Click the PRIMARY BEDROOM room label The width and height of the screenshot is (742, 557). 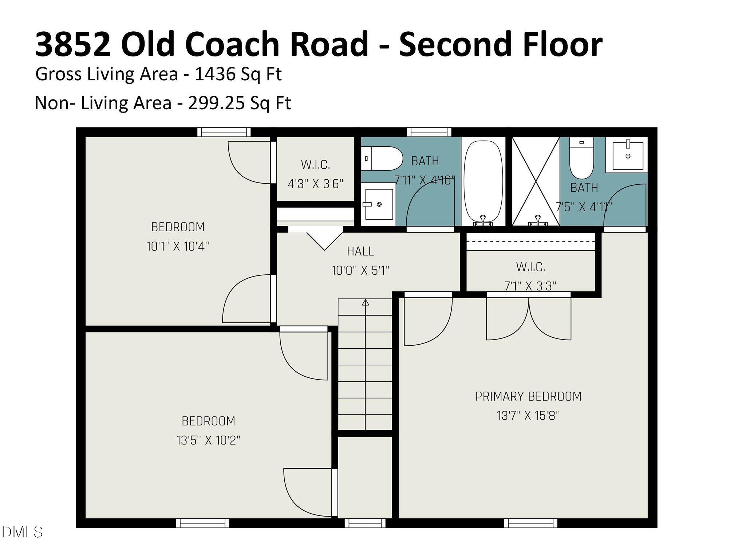click(528, 396)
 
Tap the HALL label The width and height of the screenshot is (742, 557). click(360, 251)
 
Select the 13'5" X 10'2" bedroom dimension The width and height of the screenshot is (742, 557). click(208, 440)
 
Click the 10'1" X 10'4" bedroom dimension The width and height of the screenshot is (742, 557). click(178, 247)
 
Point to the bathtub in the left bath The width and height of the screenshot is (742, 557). click(484, 181)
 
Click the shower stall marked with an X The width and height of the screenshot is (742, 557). click(536, 181)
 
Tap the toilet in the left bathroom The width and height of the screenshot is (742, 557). click(382, 158)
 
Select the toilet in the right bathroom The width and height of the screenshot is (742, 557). click(581, 158)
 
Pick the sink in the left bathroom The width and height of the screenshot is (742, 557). click(378, 205)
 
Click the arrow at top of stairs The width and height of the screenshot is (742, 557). click(366, 302)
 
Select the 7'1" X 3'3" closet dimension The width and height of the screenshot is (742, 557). click(530, 286)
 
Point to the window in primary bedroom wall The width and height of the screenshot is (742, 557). click(530, 523)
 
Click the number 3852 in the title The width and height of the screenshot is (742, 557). click(73, 44)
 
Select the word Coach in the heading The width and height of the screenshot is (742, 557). click(235, 44)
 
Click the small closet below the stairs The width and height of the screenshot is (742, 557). click(365, 477)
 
